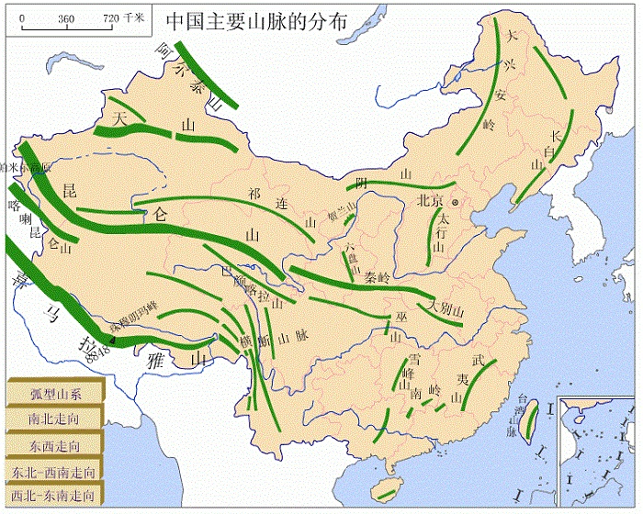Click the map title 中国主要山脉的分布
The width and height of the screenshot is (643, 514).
click(x=257, y=21)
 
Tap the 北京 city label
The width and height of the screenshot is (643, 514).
click(x=430, y=201)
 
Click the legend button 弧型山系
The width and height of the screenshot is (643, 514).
click(x=56, y=394)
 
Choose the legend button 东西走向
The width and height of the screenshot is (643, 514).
click(x=54, y=446)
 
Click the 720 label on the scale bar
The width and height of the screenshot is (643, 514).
click(x=108, y=17)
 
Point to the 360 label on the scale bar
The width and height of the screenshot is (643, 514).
click(x=65, y=17)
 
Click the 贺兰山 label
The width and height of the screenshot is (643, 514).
click(x=339, y=210)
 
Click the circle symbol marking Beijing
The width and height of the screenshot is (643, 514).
click(x=454, y=201)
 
